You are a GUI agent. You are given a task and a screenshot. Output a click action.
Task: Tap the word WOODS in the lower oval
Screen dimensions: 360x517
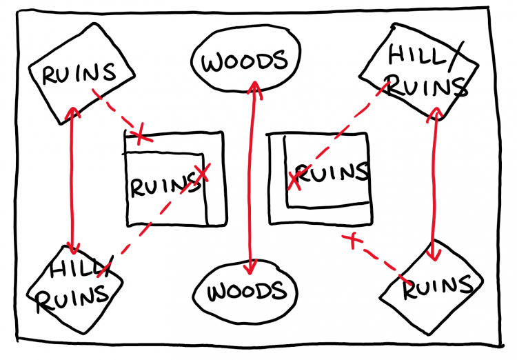point(247,292)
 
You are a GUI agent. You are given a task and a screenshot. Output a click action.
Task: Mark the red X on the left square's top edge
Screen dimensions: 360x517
point(141,134)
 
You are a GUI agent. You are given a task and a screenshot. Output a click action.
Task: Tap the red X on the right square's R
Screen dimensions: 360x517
point(294,180)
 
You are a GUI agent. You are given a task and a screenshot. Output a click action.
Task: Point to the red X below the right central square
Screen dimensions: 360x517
point(352,239)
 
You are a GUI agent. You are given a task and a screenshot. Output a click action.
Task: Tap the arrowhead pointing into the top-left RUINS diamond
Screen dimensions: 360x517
point(71,110)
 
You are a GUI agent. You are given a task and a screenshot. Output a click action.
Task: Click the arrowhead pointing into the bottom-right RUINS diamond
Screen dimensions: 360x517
point(434,254)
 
